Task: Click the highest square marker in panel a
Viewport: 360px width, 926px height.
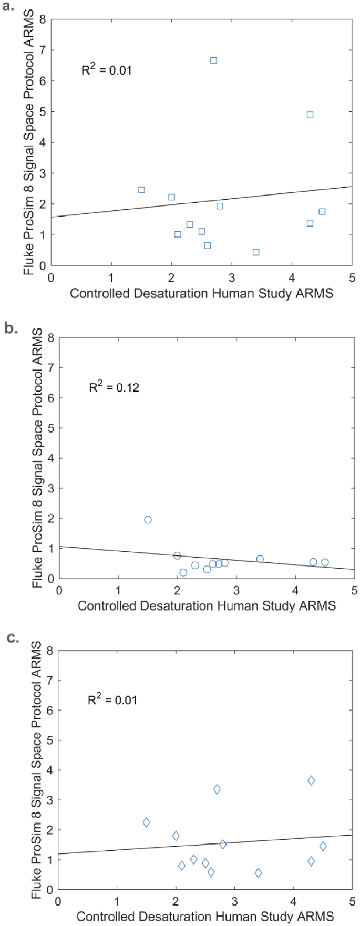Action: point(213,60)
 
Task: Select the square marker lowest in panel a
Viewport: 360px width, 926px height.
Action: point(256,252)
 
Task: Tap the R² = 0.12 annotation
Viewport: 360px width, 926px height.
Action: point(114,388)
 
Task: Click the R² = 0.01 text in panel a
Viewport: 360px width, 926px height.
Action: point(106,70)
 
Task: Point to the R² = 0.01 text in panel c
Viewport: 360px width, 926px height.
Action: point(112,700)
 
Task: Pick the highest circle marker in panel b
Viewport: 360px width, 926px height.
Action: point(148,520)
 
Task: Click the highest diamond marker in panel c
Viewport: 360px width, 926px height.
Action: point(311,781)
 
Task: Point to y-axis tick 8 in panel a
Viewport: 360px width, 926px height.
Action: point(43,19)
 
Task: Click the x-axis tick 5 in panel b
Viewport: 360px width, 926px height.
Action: point(354,591)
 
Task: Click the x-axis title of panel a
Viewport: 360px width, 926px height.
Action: point(201,293)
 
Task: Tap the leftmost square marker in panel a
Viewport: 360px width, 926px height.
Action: point(141,190)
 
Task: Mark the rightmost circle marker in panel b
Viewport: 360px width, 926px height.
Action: point(325,562)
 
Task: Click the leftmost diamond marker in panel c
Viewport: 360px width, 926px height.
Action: point(146,822)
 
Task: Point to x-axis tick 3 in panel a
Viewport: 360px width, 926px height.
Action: point(232,277)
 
